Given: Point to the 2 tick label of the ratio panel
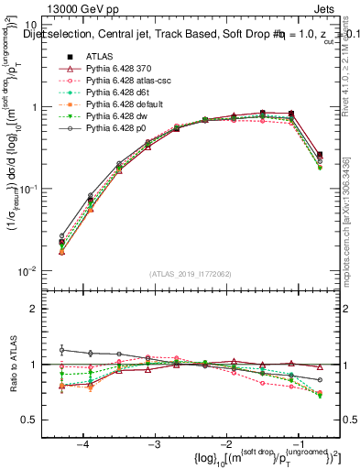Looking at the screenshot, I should (x=40, y=309).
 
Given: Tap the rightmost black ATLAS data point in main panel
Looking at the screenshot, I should (x=319, y=155).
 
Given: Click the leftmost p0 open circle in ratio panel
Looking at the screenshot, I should (x=62, y=349).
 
